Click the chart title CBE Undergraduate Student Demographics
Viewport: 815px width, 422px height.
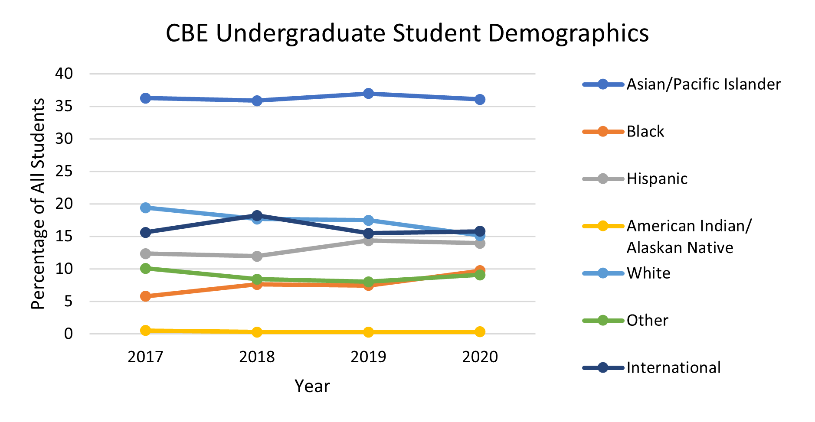[407, 33]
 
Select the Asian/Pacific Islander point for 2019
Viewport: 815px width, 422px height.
[368, 94]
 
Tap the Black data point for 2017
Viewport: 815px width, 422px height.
[146, 296]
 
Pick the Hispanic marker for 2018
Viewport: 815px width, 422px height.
[257, 256]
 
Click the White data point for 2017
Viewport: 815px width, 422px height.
[146, 208]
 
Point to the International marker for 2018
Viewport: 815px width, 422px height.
[257, 215]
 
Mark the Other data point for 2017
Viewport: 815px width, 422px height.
[146, 269]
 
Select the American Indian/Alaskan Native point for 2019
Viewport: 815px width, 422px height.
[368, 332]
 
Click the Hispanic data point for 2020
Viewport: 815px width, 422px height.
[480, 243]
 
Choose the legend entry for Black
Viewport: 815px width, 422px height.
[645, 131]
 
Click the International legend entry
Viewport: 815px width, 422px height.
[673, 367]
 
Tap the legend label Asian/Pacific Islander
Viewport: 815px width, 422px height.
[704, 84]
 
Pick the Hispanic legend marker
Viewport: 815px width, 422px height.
[603, 179]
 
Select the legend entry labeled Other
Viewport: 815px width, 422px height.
[647, 320]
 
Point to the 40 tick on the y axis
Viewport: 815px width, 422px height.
[64, 74]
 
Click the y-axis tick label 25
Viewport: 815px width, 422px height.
[64, 172]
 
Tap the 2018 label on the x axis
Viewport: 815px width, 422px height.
[257, 357]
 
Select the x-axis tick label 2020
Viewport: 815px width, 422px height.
[480, 357]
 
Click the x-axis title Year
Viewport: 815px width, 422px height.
[312, 386]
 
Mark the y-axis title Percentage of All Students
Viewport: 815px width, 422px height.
[38, 204]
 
